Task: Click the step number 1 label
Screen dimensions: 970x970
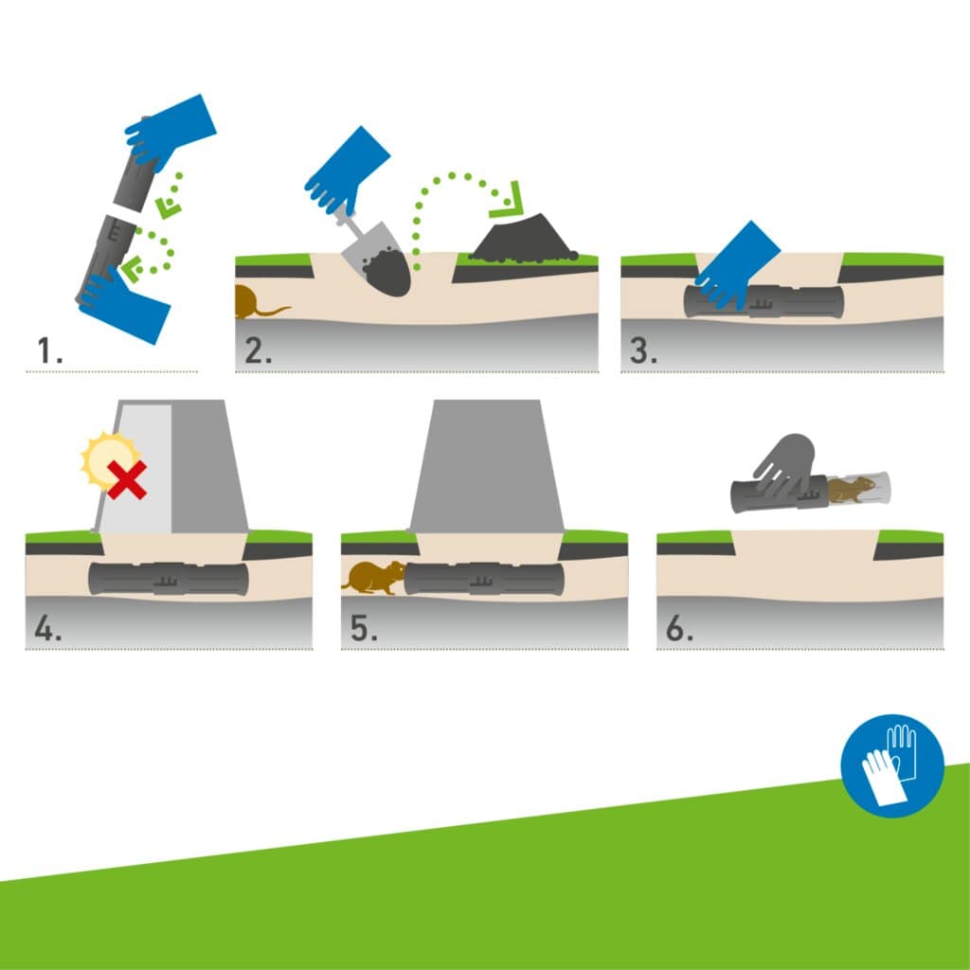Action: click(49, 350)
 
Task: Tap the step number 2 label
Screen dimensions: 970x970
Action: click(258, 350)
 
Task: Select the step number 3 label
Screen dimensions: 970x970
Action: click(643, 350)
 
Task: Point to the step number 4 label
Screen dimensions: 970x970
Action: click(48, 628)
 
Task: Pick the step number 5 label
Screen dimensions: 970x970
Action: click(364, 628)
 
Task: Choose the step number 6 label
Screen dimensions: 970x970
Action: click(679, 628)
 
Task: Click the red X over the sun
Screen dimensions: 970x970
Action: click(128, 479)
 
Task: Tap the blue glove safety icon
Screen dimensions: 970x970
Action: click(892, 765)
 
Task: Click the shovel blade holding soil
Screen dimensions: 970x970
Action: click(379, 262)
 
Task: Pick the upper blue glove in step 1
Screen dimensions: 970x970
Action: click(171, 131)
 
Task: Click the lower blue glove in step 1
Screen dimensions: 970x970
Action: click(123, 305)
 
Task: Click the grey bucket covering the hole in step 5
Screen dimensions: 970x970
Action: click(487, 466)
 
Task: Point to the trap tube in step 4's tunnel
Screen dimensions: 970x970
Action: click(169, 579)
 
